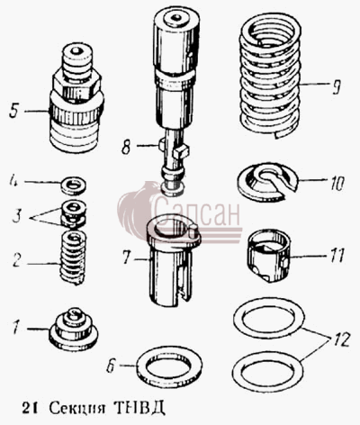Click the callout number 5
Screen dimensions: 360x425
14,111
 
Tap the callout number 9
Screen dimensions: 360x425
336,86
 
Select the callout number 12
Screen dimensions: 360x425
340,339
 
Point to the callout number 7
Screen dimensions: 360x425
126,258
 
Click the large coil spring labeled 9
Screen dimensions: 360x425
270,75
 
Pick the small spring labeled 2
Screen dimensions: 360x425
73,258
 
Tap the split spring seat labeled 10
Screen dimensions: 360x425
267,182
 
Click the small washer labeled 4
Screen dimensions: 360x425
73,185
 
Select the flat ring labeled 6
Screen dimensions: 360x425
169,367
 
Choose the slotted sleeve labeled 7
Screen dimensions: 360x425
173,259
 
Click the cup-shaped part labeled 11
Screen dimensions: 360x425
268,257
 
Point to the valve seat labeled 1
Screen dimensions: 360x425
73,330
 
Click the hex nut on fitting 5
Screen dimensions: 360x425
76,86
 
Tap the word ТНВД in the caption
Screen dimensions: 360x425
139,409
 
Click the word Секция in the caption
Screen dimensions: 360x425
77,409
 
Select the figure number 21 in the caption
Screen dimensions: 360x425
30,409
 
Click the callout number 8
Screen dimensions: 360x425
126,147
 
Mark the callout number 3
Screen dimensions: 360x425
17,216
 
